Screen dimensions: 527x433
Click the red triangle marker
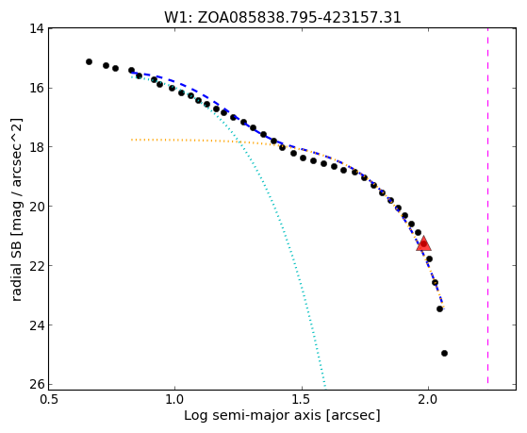(423, 244)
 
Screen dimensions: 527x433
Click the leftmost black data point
(89, 61)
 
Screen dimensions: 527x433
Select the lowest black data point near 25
(444, 353)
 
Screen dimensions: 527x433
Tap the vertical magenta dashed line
(487, 206)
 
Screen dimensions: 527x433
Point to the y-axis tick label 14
(37, 28)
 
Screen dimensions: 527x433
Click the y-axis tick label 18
(37, 146)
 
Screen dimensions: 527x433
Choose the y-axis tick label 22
(37, 265)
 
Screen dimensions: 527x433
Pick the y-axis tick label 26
(37, 384)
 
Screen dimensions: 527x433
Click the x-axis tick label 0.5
(49, 401)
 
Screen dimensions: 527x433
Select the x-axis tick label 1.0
(174, 401)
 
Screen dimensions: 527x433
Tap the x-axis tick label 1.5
(302, 401)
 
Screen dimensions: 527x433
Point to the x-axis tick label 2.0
(428, 401)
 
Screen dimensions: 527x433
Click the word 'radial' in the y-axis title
(16, 281)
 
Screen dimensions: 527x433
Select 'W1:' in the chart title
(178, 18)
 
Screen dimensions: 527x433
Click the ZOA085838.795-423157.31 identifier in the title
(300, 18)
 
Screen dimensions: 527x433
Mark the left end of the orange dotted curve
(132, 140)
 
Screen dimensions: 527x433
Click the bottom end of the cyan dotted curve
(325, 386)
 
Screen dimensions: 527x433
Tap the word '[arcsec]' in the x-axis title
(353, 416)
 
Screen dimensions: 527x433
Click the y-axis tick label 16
(37, 88)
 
